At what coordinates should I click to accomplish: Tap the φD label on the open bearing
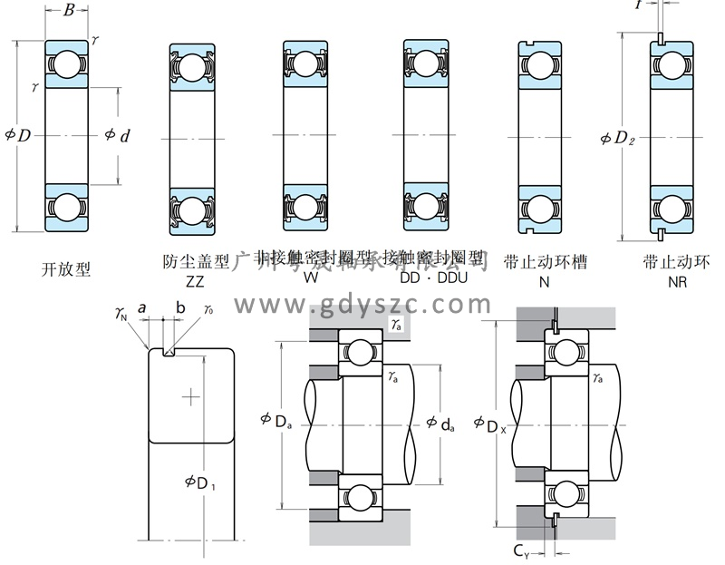[17, 135]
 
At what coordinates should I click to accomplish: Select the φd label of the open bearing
[117, 136]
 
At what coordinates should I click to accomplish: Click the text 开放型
[66, 268]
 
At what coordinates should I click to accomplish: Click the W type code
[310, 278]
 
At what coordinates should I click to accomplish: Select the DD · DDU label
[433, 278]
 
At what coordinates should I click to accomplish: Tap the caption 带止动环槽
[544, 262]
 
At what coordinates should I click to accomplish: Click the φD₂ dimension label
[619, 139]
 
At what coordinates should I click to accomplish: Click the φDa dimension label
[275, 419]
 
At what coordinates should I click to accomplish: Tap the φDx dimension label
[490, 423]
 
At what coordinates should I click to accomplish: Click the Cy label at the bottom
[523, 550]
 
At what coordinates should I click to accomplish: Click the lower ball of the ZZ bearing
[190, 210]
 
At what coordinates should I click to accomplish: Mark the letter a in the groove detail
[142, 308]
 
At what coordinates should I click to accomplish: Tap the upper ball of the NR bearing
[672, 63]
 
